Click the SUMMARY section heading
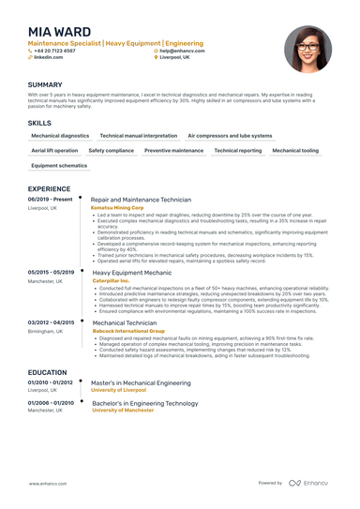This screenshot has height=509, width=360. [x=45, y=84]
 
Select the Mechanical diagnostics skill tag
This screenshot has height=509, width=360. [x=60, y=135]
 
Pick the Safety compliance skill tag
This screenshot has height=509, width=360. [x=112, y=150]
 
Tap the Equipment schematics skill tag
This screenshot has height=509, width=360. [x=58, y=165]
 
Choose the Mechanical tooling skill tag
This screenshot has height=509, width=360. [x=295, y=150]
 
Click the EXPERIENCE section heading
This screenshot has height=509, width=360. [x=50, y=188]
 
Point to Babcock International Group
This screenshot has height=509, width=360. [x=128, y=330]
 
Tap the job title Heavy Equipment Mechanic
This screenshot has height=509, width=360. [x=132, y=272]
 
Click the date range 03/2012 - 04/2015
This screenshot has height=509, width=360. [x=52, y=322]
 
